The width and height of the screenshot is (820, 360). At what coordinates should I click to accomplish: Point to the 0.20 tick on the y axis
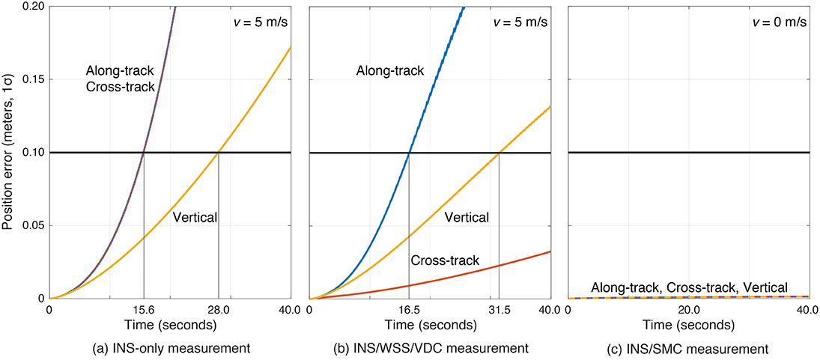tap(33, 6)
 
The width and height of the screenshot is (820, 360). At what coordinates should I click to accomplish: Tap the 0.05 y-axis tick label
tap(33, 225)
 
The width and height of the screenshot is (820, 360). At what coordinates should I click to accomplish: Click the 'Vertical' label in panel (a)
tap(195, 218)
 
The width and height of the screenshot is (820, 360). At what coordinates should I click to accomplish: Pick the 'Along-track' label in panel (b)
tap(390, 70)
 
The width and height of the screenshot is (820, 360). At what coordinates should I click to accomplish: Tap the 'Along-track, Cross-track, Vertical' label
tap(689, 287)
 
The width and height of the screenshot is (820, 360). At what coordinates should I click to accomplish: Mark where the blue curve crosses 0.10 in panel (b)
tap(409, 153)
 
